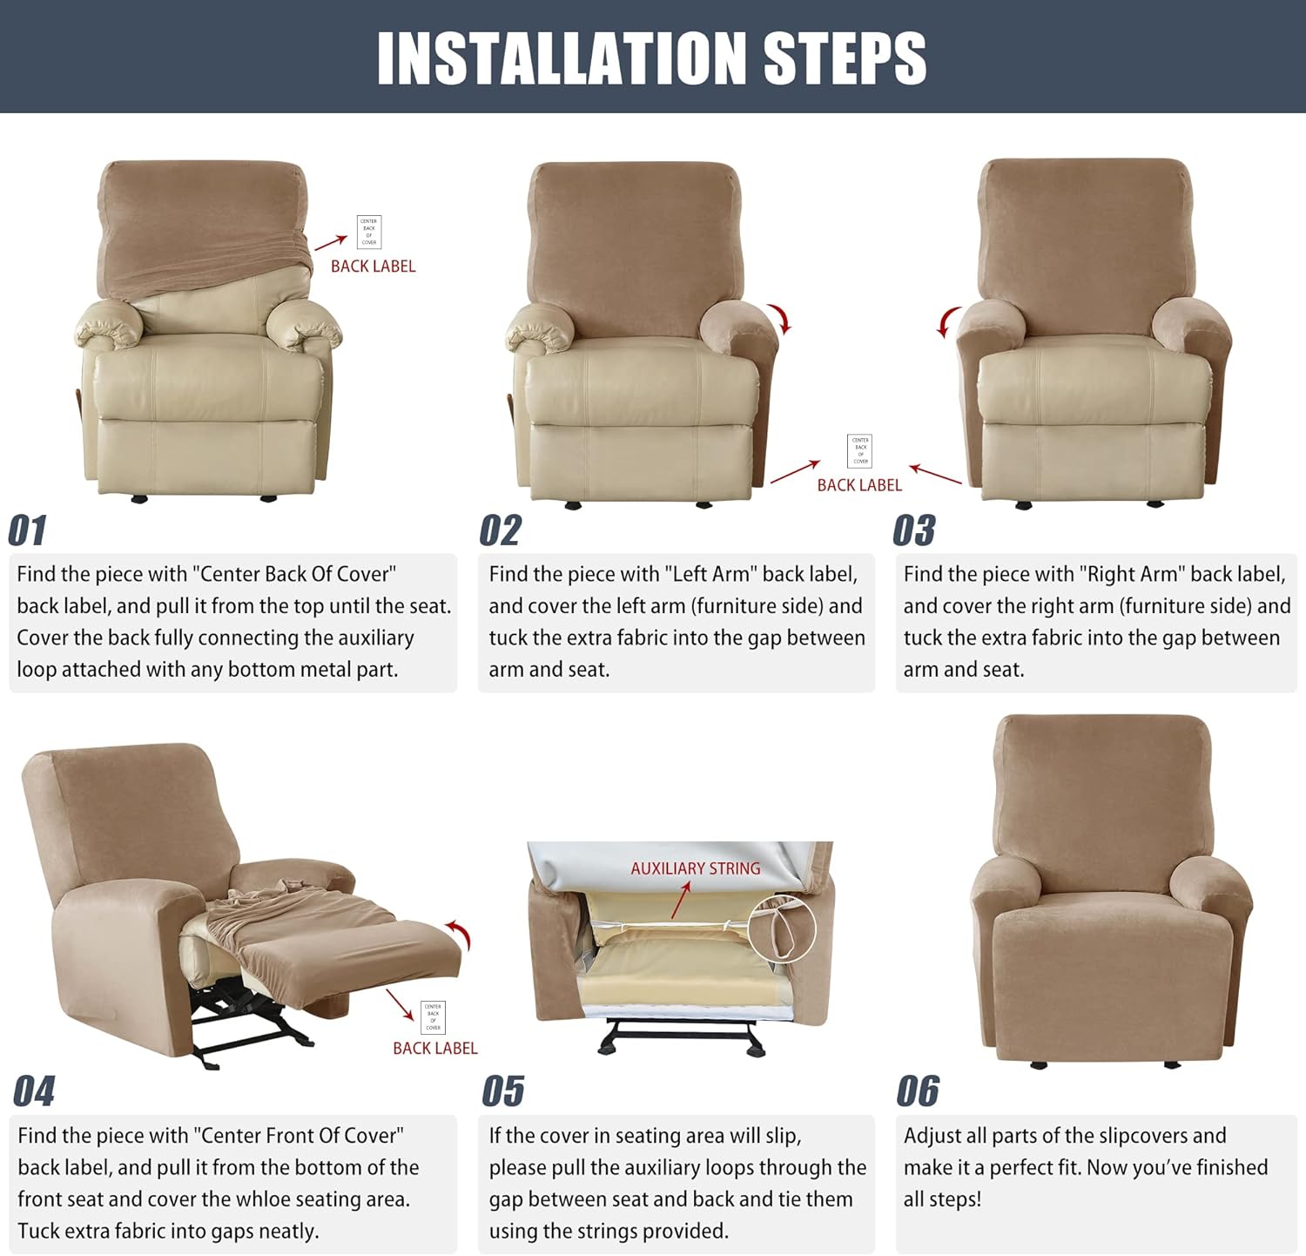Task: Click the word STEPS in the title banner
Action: click(x=845, y=58)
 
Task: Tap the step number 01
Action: click(x=27, y=530)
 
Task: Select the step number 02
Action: click(x=500, y=530)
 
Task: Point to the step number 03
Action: click(x=913, y=530)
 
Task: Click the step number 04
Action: click(x=34, y=1091)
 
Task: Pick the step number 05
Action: click(x=503, y=1091)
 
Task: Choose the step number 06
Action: click(x=918, y=1091)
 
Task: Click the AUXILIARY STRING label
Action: click(x=695, y=868)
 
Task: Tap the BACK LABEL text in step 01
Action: click(x=373, y=267)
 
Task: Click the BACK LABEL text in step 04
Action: click(x=434, y=1048)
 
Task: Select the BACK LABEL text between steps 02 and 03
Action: click(x=859, y=485)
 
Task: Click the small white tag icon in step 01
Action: click(x=369, y=232)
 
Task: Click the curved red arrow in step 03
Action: click(x=947, y=321)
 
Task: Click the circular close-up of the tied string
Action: click(x=781, y=928)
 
